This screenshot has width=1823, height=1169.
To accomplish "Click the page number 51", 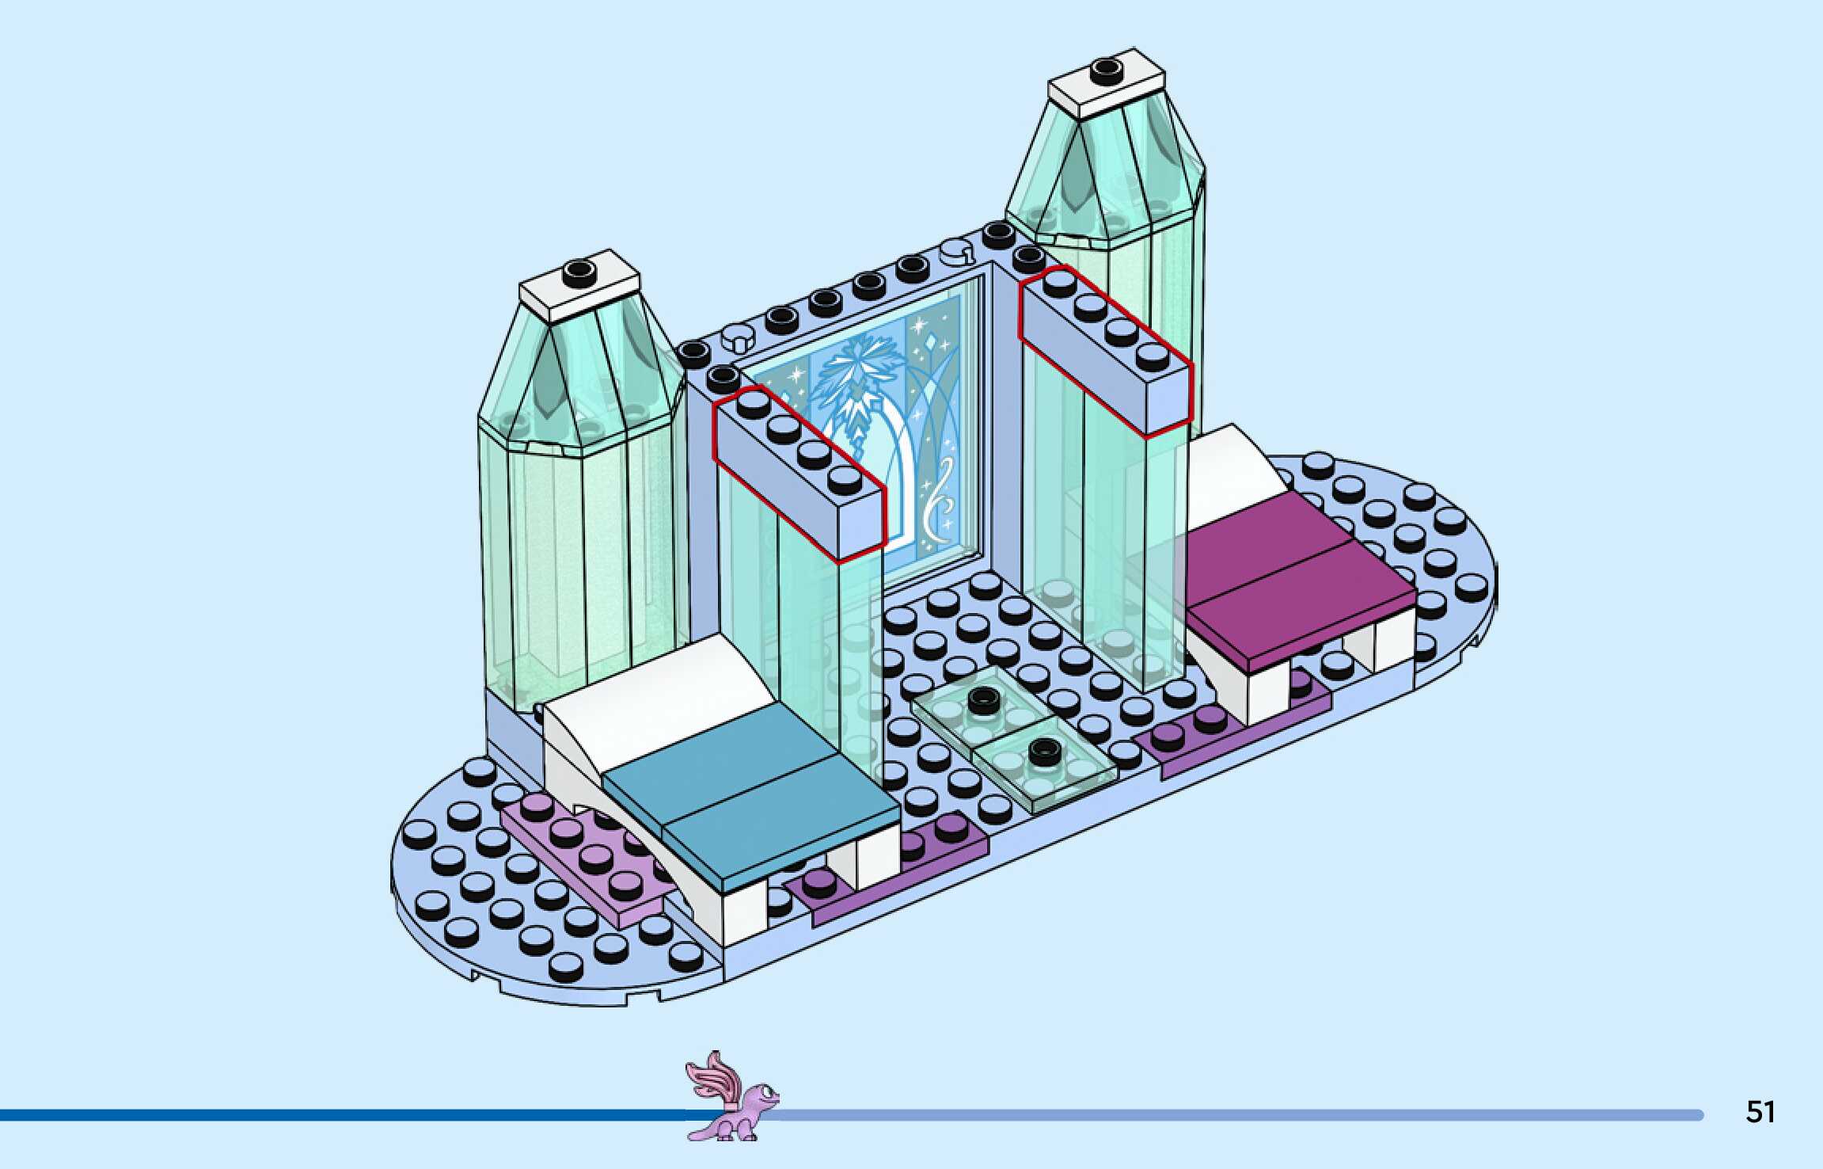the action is pos(1760,1112).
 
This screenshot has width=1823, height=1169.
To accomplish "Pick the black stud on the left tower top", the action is pos(579,272).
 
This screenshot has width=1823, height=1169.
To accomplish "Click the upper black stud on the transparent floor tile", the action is pos(982,699).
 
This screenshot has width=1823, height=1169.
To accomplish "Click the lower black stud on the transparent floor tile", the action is pos(1043,748).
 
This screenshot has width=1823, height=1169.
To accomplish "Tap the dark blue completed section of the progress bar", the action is pos(340,1115).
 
